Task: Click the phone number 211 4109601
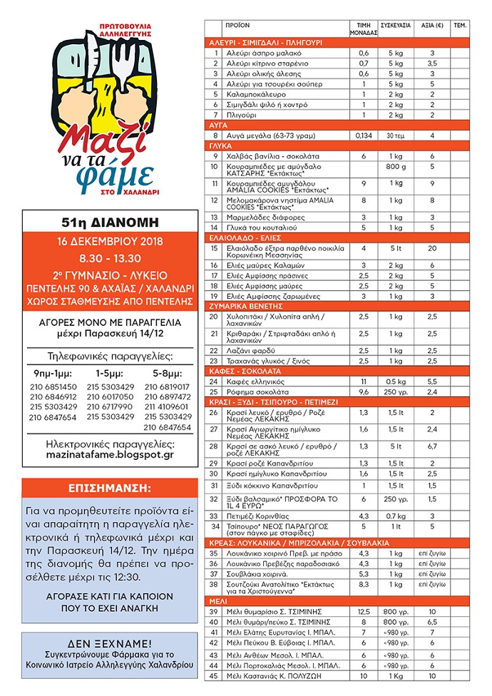pyautogui.click(x=167, y=407)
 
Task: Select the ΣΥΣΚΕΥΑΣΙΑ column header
pyautogui.click(x=396, y=25)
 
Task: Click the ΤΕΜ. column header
pyautogui.click(x=459, y=25)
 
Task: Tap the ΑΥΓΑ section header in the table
pyautogui.click(x=218, y=123)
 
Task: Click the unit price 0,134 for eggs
pyautogui.click(x=364, y=135)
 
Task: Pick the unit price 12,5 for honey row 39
pyautogui.click(x=364, y=611)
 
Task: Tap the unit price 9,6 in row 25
pyautogui.click(x=364, y=392)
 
